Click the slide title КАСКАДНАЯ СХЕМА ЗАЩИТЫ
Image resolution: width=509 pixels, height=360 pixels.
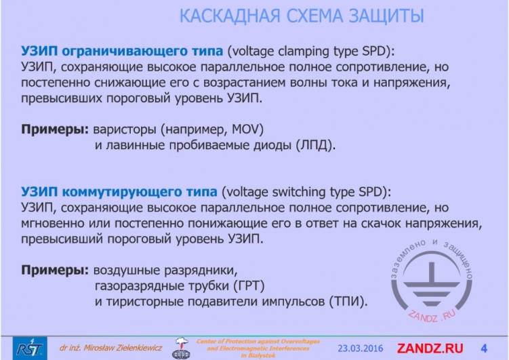tap(302, 16)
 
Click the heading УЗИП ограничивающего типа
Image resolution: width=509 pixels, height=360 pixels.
tap(122, 52)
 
